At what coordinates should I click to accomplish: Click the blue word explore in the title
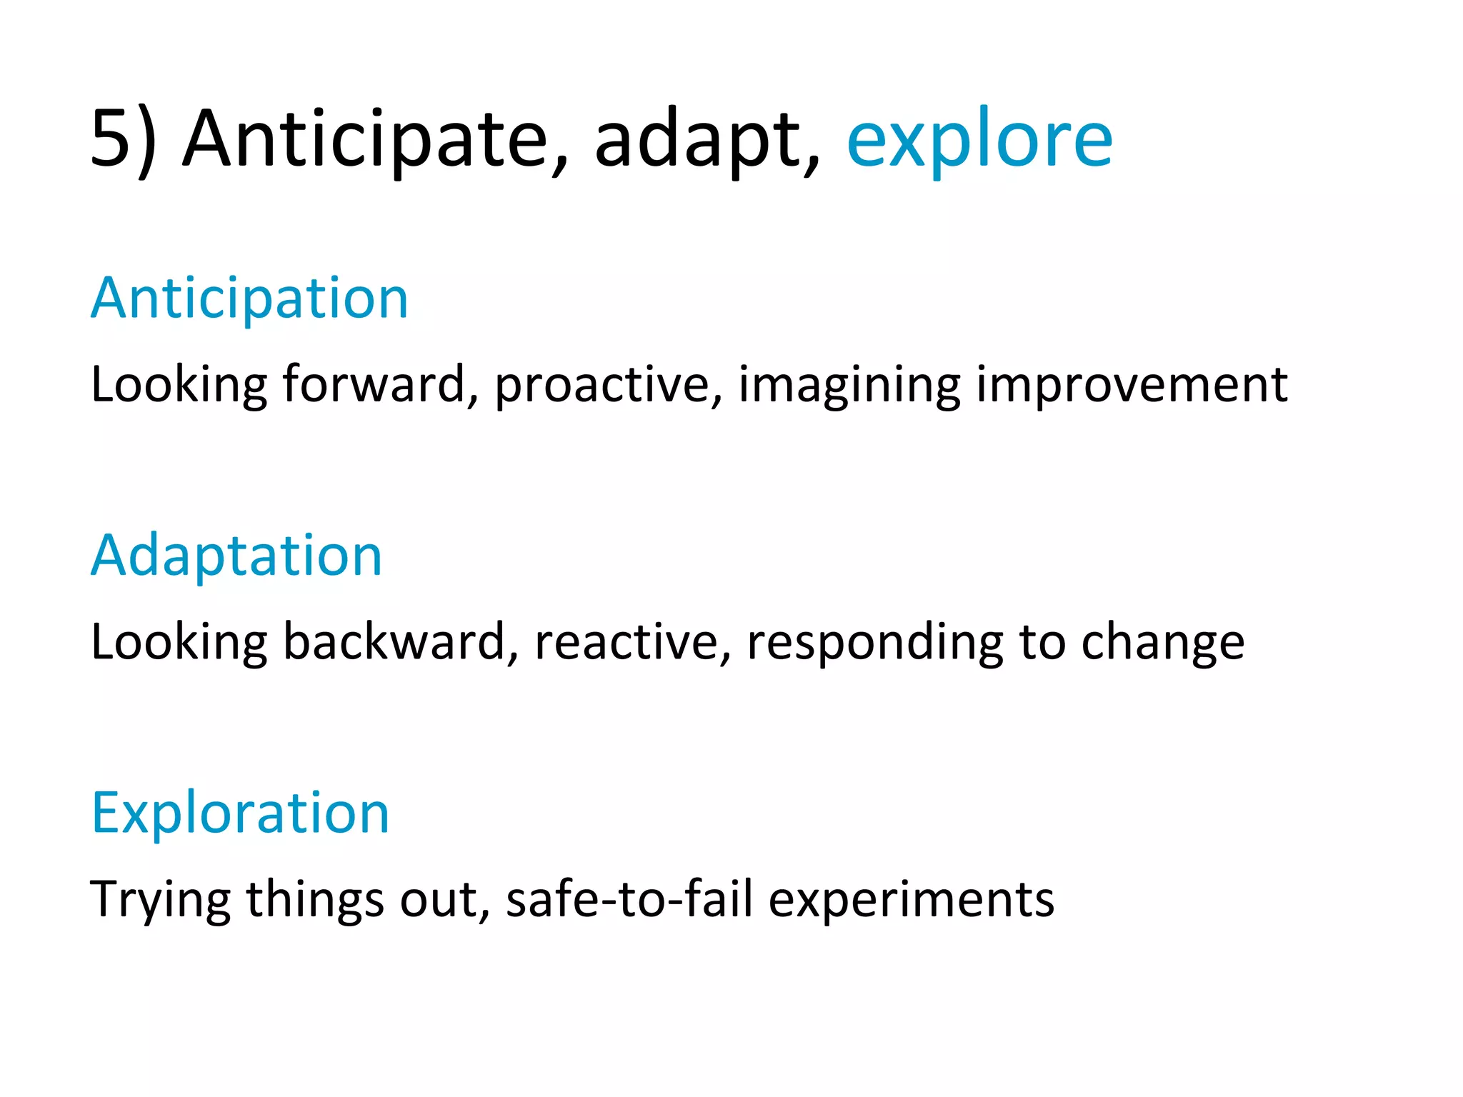(x=979, y=139)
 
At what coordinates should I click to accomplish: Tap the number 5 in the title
(x=114, y=139)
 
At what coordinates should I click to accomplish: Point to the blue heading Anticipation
(x=249, y=299)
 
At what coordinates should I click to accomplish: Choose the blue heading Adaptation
(x=236, y=556)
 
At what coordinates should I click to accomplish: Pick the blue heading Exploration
(x=240, y=813)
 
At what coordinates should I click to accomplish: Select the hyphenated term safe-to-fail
(x=629, y=898)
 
